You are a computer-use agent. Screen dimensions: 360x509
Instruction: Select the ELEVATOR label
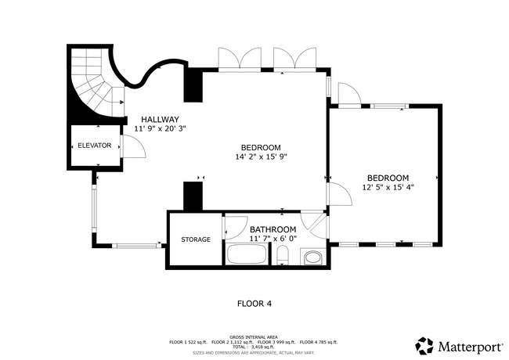94,146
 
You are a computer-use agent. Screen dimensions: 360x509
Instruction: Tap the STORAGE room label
196,239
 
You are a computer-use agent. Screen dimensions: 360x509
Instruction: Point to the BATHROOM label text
273,229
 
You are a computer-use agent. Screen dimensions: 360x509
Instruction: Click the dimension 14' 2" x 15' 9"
262,157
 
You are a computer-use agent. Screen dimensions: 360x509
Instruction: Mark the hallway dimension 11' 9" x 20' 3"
160,128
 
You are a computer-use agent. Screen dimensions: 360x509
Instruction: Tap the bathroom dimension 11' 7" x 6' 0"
273,239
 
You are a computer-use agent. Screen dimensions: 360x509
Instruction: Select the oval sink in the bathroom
313,257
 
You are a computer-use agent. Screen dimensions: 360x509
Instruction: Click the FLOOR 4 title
254,303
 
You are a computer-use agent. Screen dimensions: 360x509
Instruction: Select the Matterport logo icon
424,345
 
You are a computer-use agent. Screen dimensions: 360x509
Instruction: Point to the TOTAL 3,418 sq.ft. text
254,347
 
